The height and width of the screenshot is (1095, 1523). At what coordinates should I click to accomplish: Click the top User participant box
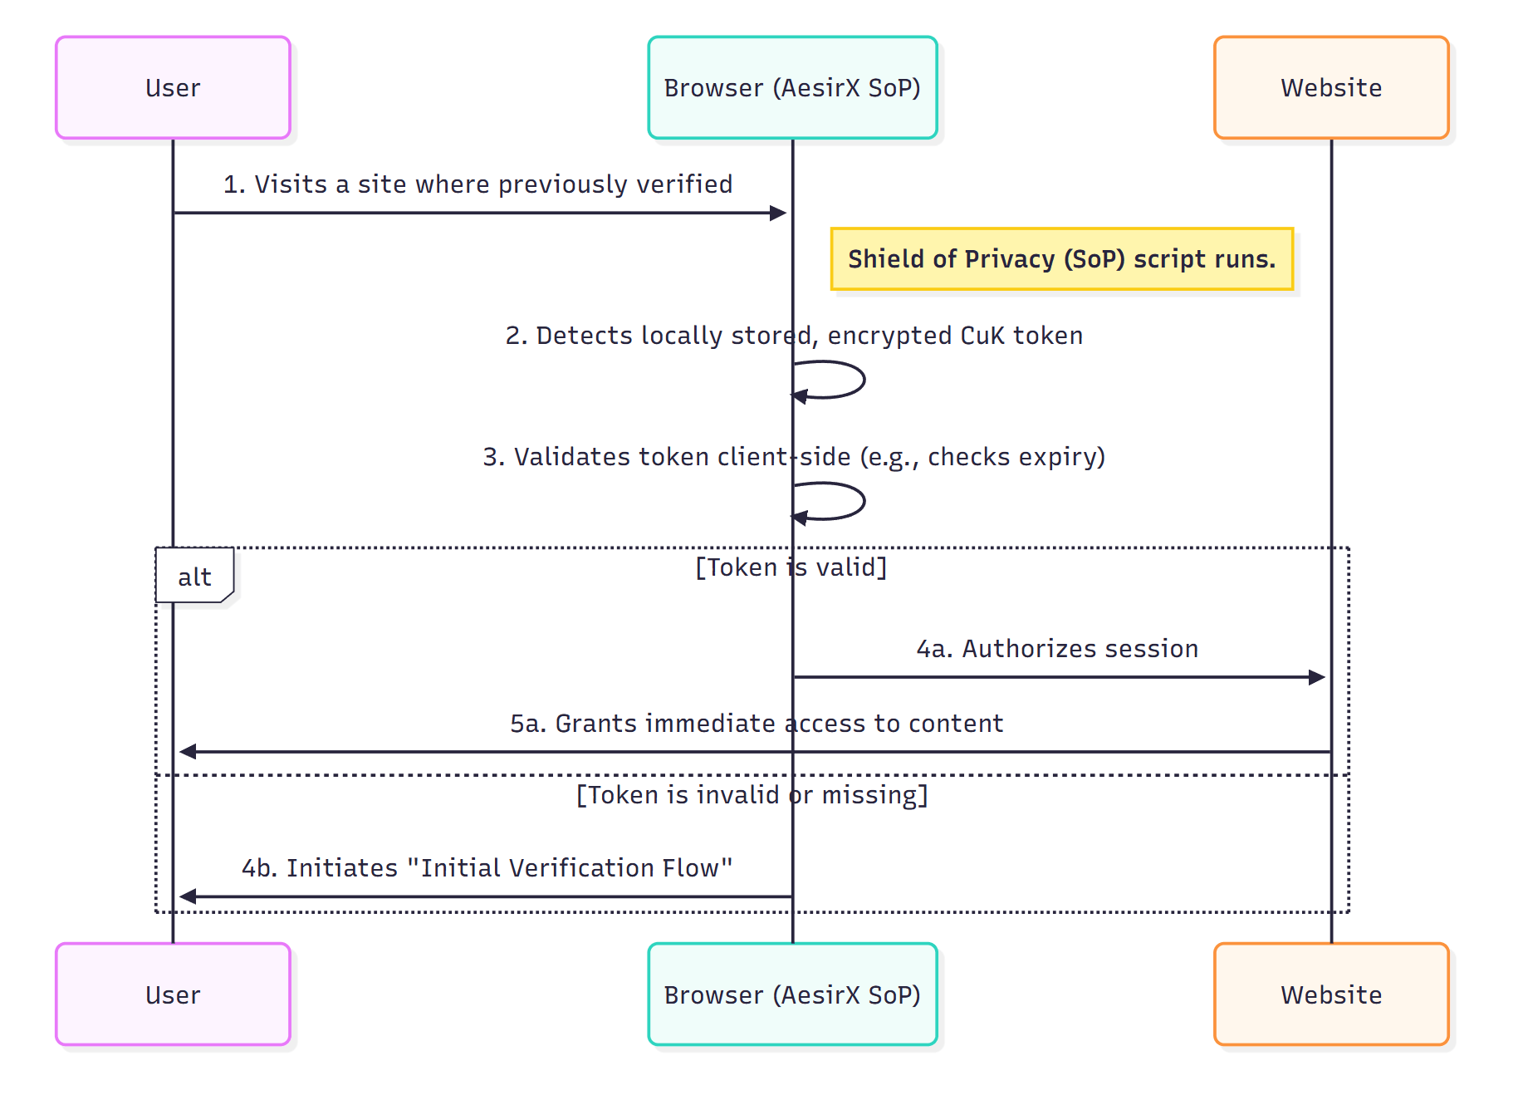point(173,87)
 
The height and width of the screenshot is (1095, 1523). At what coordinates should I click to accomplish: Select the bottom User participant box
point(173,994)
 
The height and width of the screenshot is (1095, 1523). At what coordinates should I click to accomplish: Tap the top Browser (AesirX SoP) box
point(792,87)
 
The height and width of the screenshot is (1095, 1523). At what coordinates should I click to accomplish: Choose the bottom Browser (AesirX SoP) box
point(792,994)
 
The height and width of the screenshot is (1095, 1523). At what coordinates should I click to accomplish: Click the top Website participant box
point(1330,87)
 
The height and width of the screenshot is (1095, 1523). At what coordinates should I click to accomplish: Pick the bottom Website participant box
point(1330,994)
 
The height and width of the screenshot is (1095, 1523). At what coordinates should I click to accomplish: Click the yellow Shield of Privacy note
point(1061,259)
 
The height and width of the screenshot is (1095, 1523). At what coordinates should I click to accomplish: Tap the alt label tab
point(194,576)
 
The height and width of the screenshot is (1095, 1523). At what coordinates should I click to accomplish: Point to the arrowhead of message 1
point(778,213)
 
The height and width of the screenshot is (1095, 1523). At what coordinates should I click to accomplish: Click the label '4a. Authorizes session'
point(1056,648)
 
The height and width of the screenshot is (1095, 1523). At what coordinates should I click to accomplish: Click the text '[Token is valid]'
point(791,567)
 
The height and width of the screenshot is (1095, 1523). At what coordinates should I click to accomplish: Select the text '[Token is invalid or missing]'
point(752,795)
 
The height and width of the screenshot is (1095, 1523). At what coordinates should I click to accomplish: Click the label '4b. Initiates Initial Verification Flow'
point(487,867)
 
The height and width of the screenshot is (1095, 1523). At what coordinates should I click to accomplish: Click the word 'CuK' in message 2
point(982,336)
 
